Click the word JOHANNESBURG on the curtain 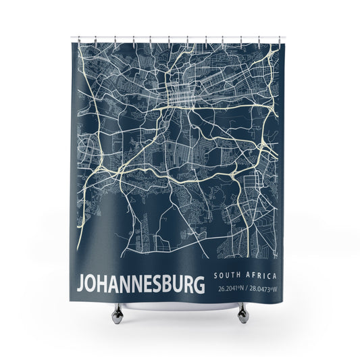point(141,284)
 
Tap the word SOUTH point(226,276)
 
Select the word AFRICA point(259,276)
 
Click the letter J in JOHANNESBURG point(81,284)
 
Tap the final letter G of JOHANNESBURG point(199,284)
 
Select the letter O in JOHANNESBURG point(91,284)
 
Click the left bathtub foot point(118,311)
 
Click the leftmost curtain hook point(78,38)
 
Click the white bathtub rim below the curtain point(179,305)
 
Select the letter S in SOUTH point(215,276)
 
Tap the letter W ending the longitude point(275,289)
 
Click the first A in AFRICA point(247,276)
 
